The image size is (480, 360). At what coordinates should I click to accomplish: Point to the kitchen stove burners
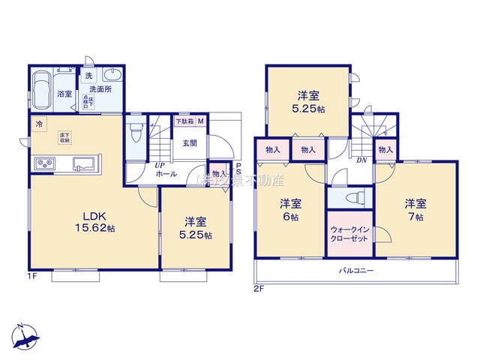(x=42, y=163)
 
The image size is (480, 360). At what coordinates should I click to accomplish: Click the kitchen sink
(x=83, y=163)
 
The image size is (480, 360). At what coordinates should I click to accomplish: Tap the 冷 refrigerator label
(x=38, y=124)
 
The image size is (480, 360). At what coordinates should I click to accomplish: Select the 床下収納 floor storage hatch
(x=65, y=137)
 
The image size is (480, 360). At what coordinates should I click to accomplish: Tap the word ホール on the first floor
(x=166, y=174)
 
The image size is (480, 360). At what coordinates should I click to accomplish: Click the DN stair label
(x=361, y=160)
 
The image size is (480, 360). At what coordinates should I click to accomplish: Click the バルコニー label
(x=355, y=270)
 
